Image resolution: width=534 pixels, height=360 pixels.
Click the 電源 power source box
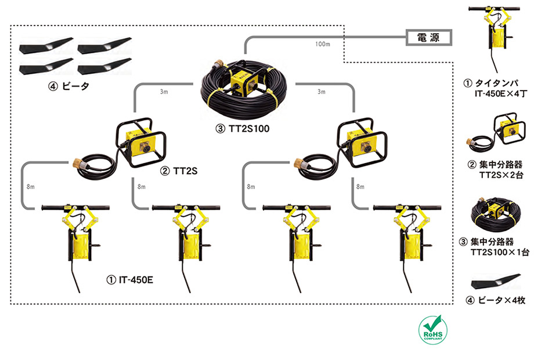pos(429,38)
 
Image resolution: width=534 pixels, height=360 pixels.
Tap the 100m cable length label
pos(323,44)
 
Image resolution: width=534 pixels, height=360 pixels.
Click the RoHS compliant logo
pos(433,330)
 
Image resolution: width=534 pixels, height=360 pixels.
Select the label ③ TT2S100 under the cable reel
pos(242,129)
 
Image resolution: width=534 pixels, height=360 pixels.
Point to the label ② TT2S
pos(179,171)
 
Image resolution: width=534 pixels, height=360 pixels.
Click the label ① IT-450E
pos(130,280)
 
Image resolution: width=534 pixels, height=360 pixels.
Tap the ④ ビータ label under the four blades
pos(68,87)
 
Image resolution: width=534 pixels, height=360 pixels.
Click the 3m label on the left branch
pos(164,92)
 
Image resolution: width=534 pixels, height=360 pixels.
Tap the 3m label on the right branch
pos(322,92)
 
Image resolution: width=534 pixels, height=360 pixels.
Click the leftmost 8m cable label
pos(31,186)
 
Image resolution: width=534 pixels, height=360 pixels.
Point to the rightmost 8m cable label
pos(360,186)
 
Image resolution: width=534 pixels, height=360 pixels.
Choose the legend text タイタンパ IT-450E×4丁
pos(495,88)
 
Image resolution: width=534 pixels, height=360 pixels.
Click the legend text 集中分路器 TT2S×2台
pos(495,170)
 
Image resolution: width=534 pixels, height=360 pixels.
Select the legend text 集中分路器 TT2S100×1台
pos(494,247)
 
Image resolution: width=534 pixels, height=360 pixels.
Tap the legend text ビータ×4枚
pos(495,300)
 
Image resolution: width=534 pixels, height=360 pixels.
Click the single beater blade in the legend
pos(496,282)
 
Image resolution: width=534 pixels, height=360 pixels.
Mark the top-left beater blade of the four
pos(46,46)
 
